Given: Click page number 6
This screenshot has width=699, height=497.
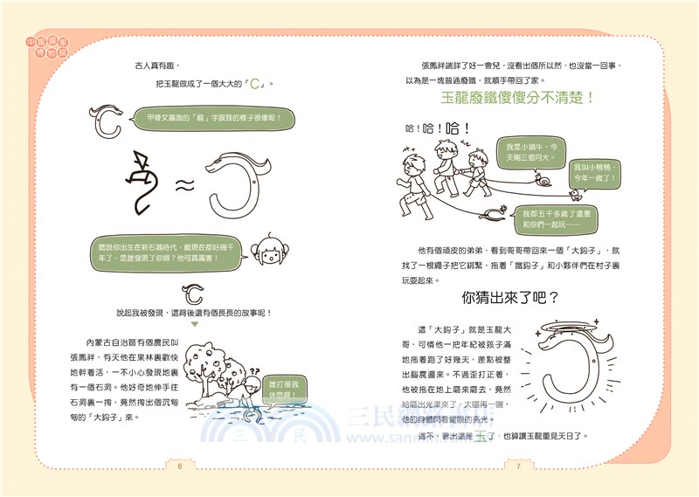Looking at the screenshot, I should [179, 465].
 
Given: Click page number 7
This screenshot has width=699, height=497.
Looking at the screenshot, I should [518, 465].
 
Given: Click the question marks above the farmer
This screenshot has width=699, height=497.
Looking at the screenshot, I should [253, 372].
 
